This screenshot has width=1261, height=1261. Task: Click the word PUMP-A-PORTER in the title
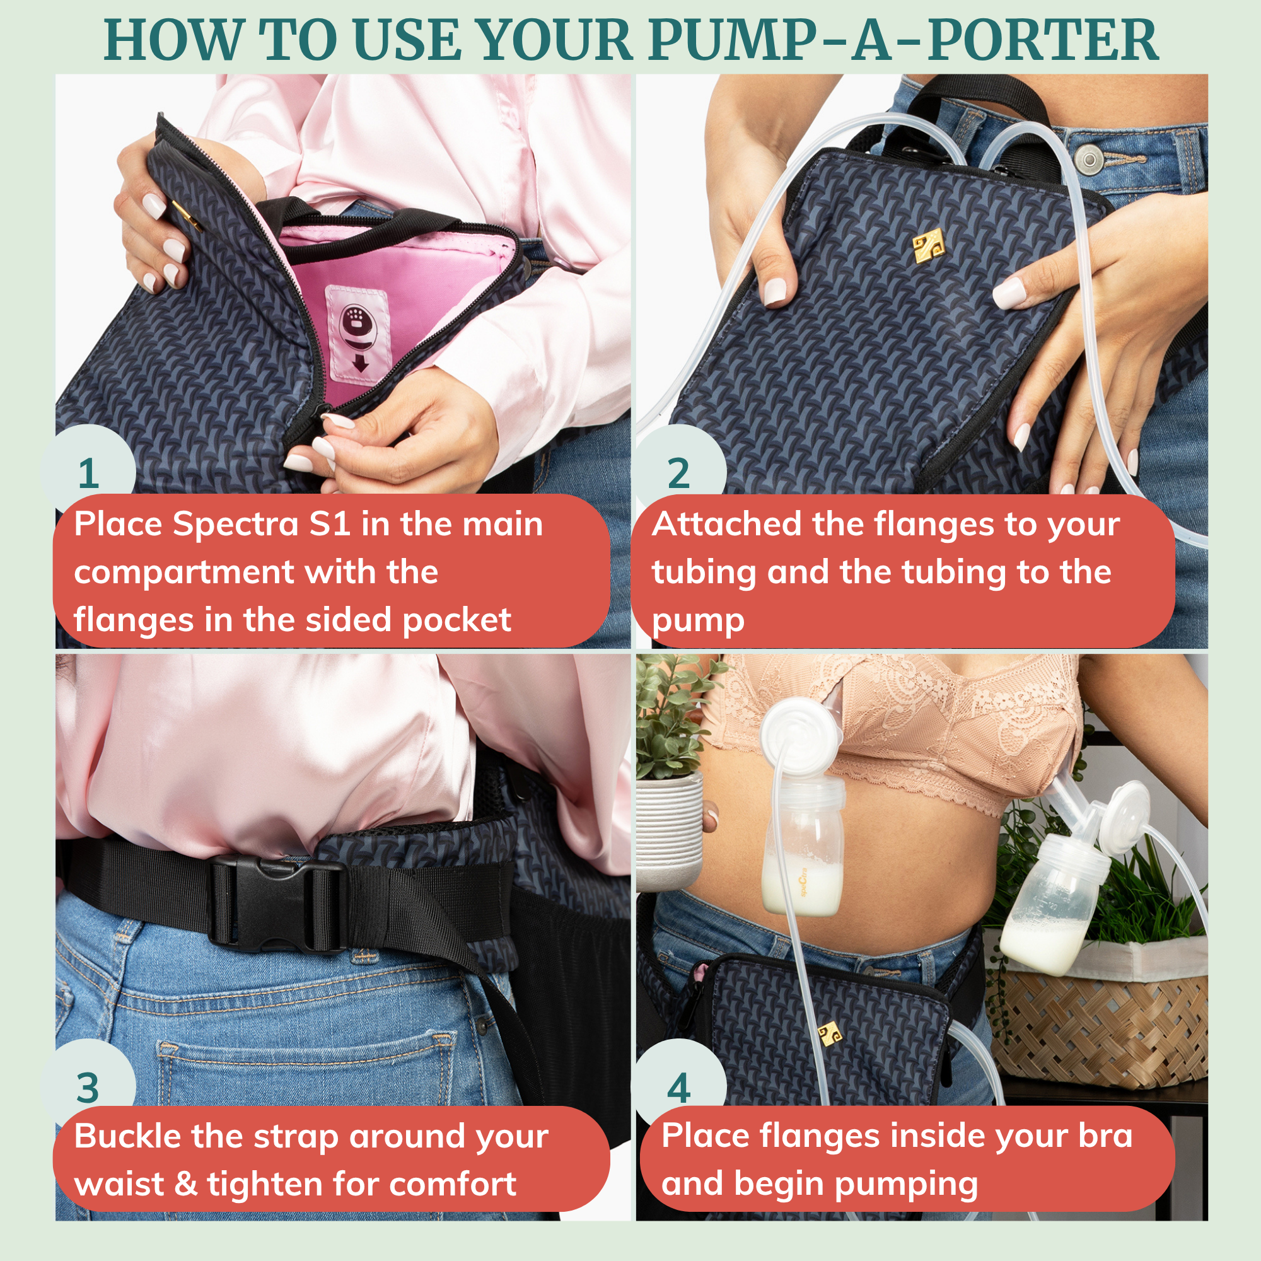click(904, 40)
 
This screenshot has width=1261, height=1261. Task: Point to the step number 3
click(88, 1088)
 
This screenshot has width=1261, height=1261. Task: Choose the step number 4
click(679, 1088)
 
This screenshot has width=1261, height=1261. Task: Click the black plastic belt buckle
click(277, 904)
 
